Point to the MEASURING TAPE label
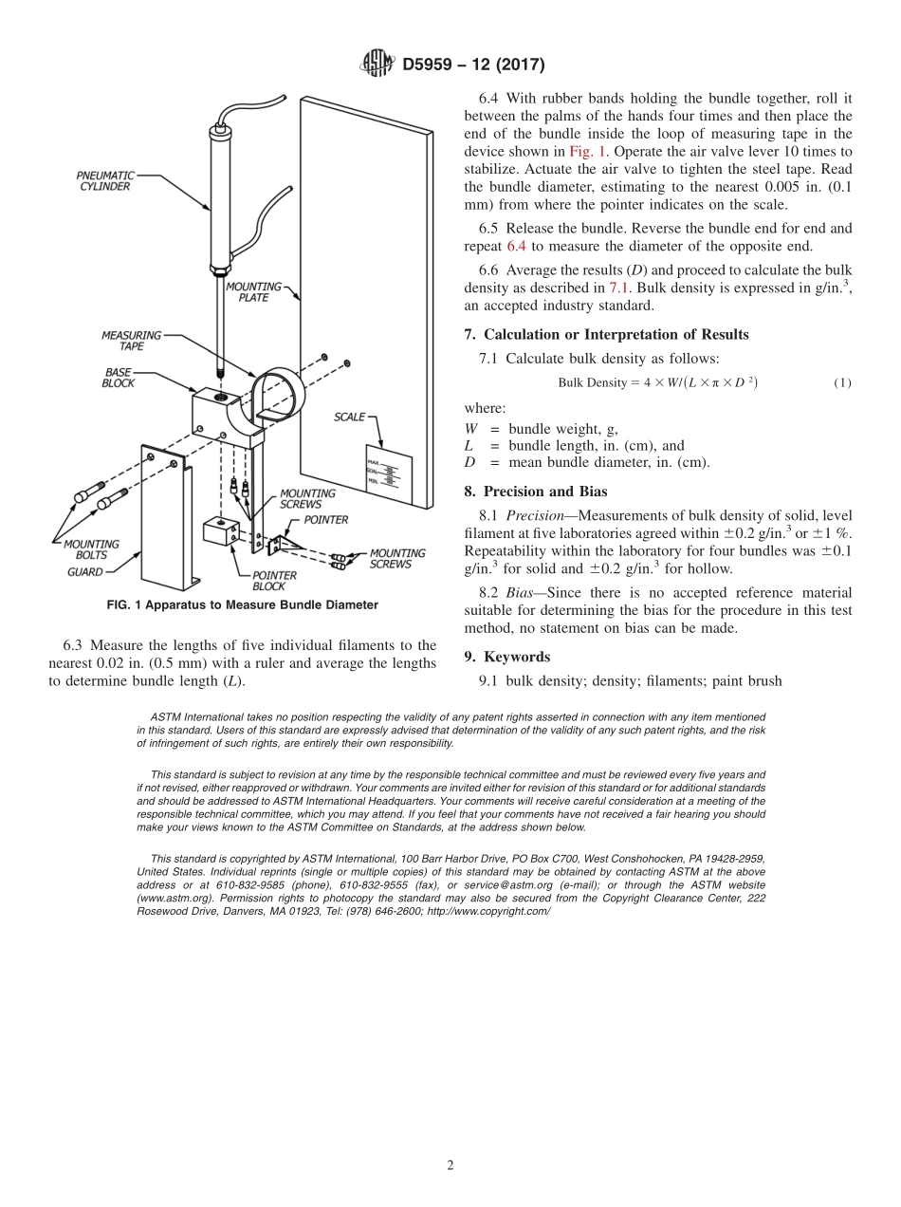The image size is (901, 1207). click(131, 341)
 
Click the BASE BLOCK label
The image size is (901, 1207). click(119, 378)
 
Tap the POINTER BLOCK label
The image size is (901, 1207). click(274, 581)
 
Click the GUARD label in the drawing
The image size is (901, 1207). click(85, 572)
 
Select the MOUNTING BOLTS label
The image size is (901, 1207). click(91, 549)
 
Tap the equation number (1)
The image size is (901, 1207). click(842, 383)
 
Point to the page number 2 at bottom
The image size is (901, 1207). click(450, 1165)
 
